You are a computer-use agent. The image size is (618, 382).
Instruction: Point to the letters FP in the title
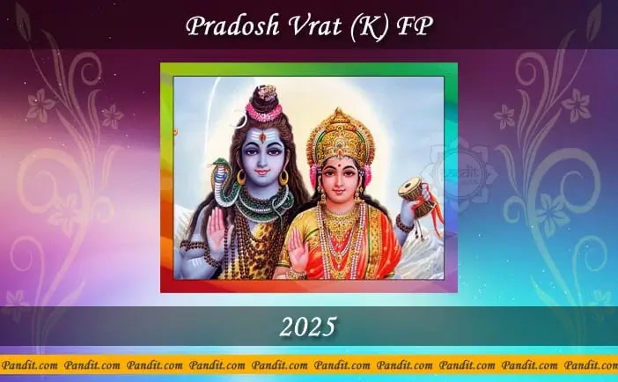coord(418,27)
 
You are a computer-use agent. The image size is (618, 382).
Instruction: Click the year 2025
coord(308,327)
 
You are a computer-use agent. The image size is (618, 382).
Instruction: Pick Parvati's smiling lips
coord(340,189)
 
